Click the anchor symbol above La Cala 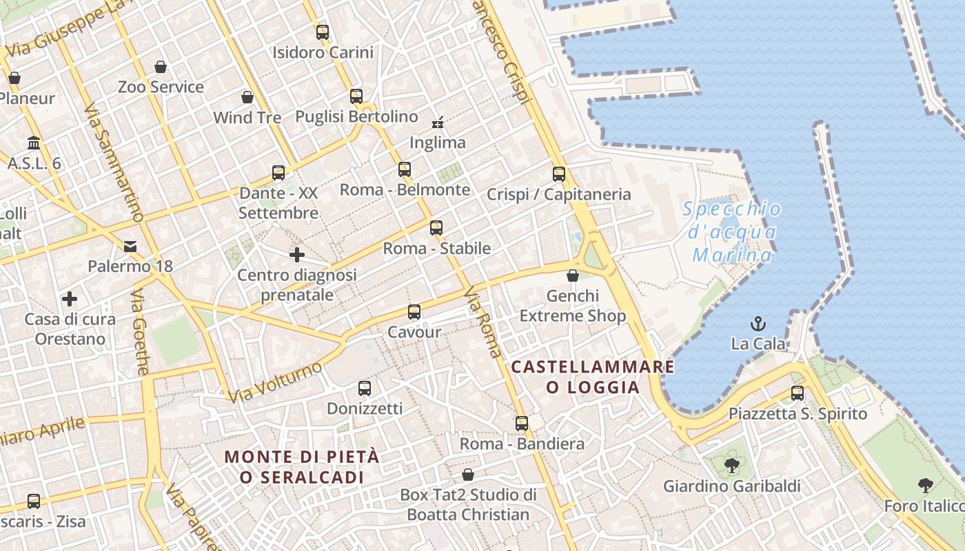point(758,323)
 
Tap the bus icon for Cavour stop point(414,312)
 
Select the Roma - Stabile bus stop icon point(436,228)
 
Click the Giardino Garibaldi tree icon point(731,466)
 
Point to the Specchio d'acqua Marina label point(732,232)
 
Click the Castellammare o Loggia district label point(593,377)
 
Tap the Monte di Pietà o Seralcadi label point(302,466)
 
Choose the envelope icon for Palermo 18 point(130,247)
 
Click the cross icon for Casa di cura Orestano point(69,299)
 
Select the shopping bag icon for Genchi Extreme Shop point(572,276)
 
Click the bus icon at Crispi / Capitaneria point(558,174)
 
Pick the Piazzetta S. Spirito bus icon point(797,393)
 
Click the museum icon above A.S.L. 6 point(33,143)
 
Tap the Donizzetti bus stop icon point(364,388)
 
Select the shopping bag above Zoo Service point(160,67)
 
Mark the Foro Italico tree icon point(925,486)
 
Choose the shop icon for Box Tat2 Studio point(467,475)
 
